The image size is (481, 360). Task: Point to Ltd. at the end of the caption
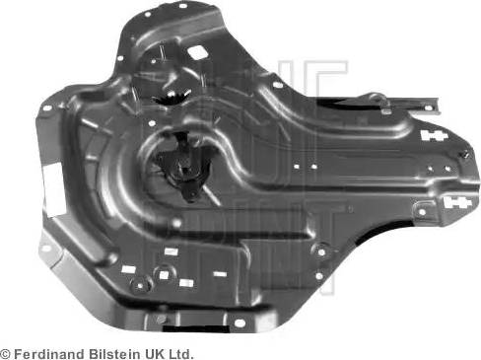tap(179, 353)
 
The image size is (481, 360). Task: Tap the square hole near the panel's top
tap(197, 50)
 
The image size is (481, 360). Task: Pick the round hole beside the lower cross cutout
tap(422, 208)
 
